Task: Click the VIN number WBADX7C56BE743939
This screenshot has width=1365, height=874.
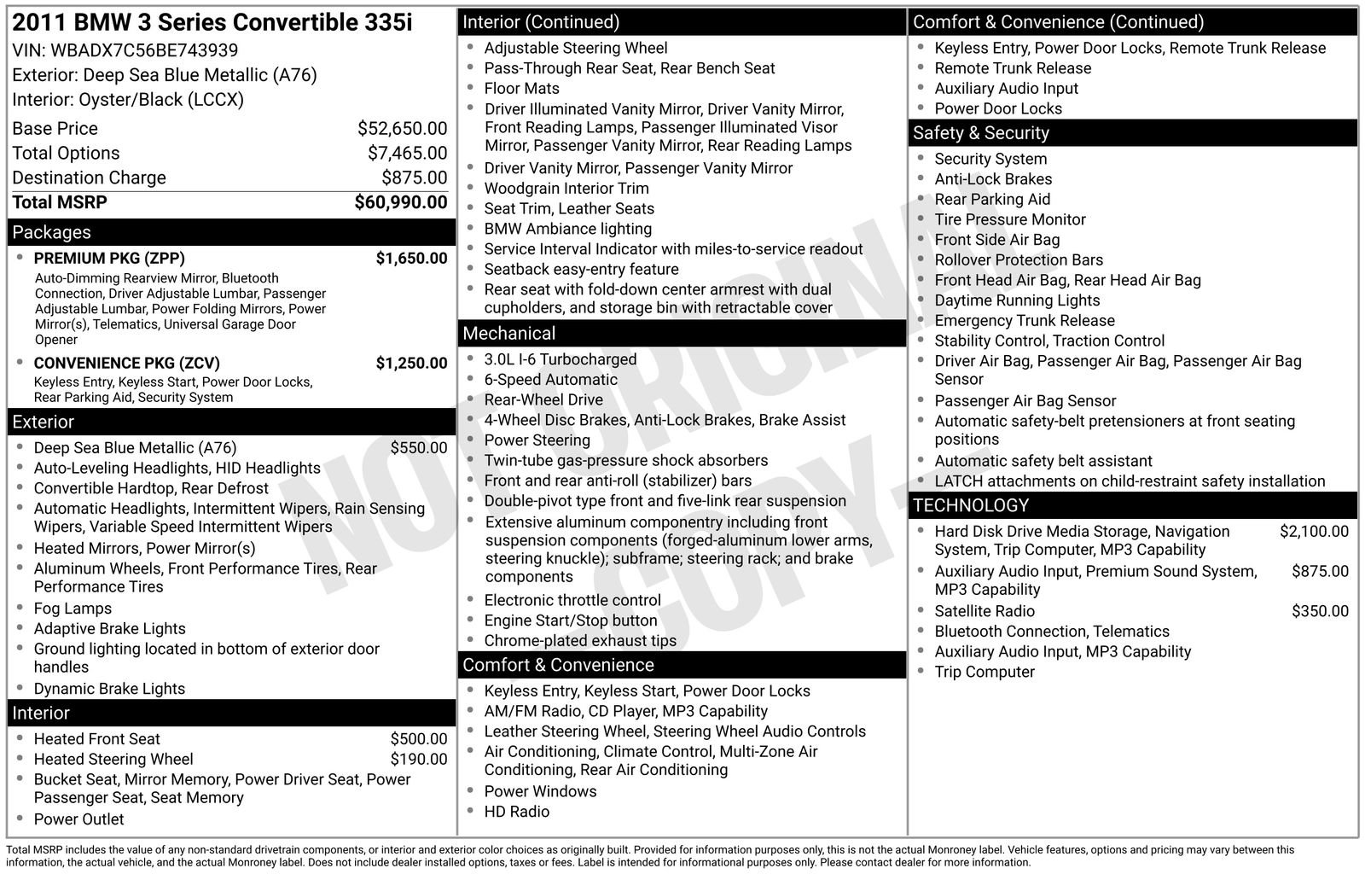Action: (x=144, y=50)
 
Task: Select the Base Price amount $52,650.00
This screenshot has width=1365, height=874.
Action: (x=402, y=129)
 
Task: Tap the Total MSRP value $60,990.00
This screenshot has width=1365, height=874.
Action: (x=400, y=202)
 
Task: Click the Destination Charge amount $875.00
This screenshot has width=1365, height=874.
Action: (x=414, y=178)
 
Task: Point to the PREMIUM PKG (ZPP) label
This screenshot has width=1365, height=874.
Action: (x=109, y=259)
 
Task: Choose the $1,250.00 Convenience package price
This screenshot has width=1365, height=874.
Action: (x=411, y=363)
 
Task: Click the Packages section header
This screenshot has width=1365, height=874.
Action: (x=51, y=232)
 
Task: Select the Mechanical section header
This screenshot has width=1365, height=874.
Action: (x=508, y=334)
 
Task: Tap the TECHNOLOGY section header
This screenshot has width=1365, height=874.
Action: (x=970, y=505)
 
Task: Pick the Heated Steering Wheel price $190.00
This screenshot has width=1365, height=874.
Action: (x=418, y=759)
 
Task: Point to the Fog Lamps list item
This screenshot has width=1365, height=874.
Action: (x=73, y=609)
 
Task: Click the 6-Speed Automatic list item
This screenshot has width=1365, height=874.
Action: (x=550, y=380)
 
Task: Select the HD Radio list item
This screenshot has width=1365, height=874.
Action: (x=516, y=812)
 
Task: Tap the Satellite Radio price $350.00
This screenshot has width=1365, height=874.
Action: (x=1320, y=611)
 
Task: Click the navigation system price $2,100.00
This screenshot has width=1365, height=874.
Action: (x=1314, y=532)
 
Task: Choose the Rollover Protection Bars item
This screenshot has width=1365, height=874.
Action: (x=1019, y=260)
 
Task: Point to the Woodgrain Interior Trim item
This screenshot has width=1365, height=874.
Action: (x=566, y=189)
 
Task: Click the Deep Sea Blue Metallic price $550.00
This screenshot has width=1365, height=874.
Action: (x=418, y=448)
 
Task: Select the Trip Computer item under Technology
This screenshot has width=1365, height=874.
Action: (x=985, y=672)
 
